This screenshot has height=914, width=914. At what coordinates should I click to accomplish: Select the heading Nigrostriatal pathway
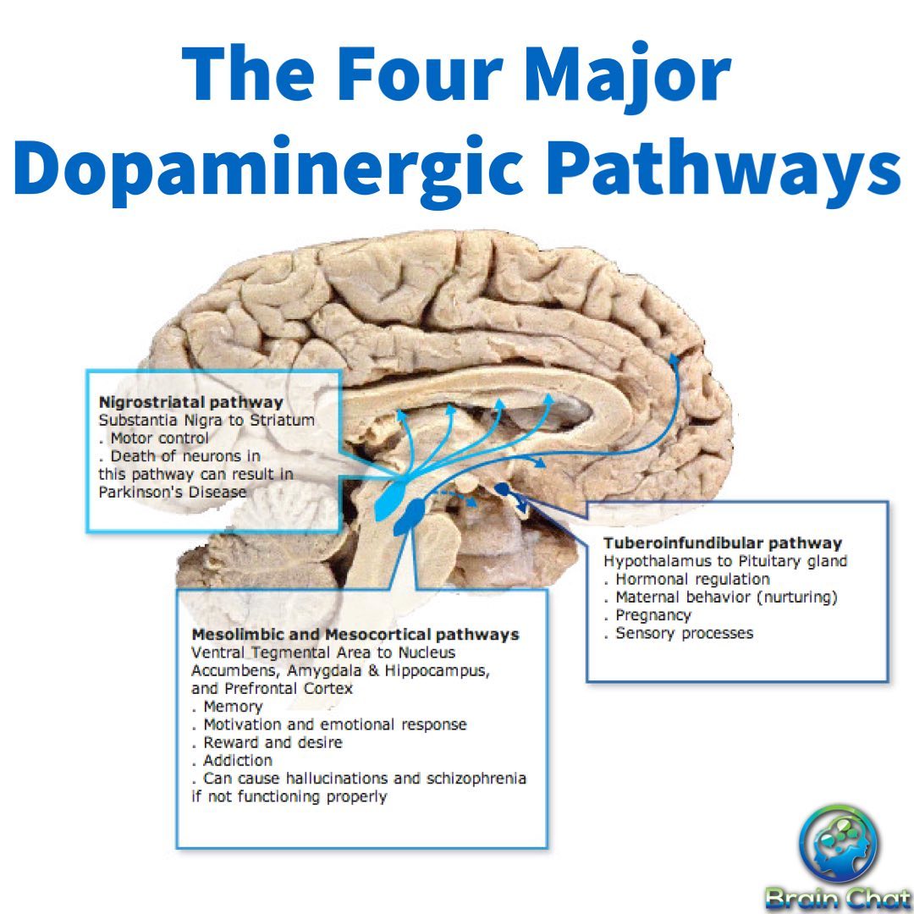tap(191, 402)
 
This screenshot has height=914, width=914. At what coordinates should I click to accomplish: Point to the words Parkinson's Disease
tap(173, 493)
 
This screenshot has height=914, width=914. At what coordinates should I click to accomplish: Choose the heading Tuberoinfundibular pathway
tap(723, 543)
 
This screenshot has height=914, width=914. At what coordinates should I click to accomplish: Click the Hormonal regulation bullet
tap(692, 580)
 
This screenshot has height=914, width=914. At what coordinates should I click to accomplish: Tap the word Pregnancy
tap(652, 615)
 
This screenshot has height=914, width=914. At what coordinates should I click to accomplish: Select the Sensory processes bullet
tap(685, 633)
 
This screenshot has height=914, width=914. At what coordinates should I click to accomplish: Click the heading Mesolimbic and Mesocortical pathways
tap(355, 635)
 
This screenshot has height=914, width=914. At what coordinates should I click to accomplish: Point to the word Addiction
tap(238, 761)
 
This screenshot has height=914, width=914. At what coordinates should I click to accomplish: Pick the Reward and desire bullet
tap(273, 743)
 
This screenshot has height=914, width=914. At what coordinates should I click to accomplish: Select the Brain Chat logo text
tap(838, 899)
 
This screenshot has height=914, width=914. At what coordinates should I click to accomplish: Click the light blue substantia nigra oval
tap(390, 501)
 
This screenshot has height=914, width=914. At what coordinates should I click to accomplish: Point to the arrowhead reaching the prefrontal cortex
tap(674, 359)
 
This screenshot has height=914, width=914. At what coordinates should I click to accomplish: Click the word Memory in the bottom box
tap(233, 707)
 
